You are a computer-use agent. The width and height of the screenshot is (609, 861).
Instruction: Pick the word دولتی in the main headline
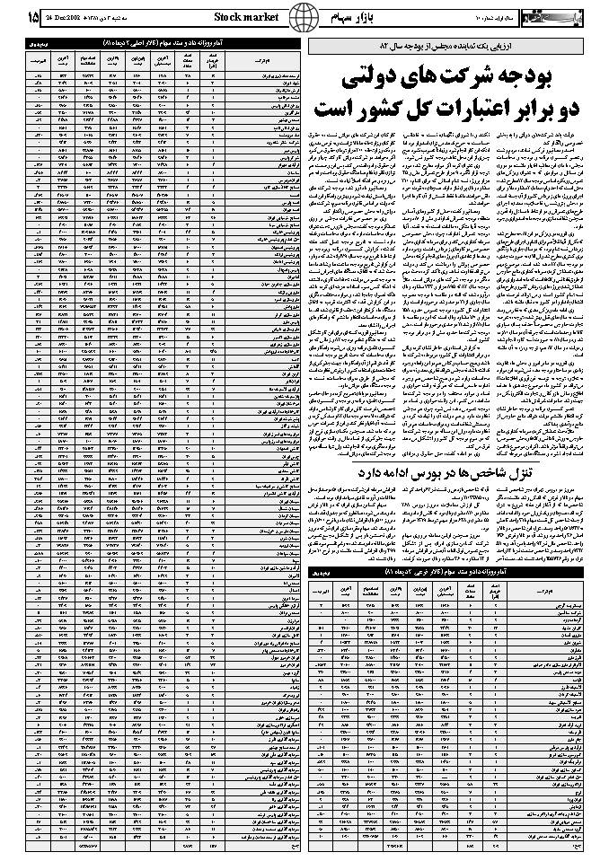click(376, 81)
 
